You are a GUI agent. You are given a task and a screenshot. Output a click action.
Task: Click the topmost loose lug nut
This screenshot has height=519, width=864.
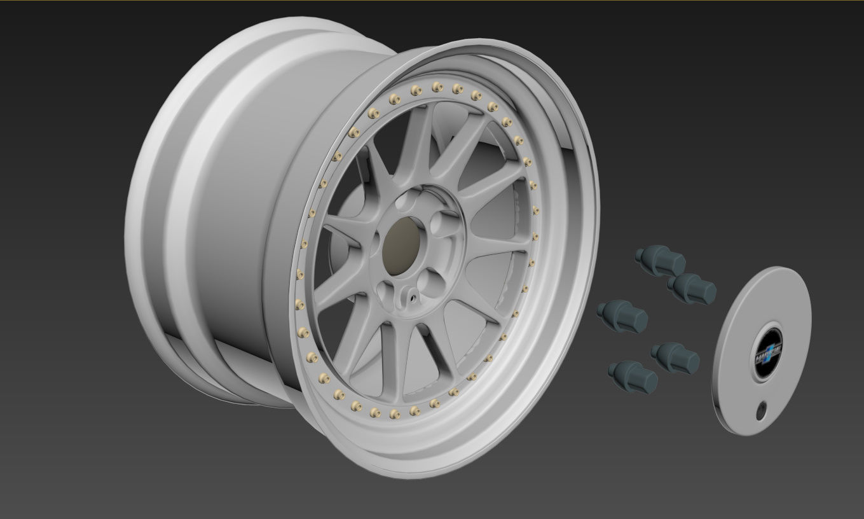[661, 259]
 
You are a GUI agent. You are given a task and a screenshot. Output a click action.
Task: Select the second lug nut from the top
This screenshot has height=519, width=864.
[692, 287]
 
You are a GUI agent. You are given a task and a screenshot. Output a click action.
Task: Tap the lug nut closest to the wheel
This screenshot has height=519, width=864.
[622, 316]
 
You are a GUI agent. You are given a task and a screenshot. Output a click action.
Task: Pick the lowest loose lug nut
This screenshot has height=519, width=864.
[633, 377]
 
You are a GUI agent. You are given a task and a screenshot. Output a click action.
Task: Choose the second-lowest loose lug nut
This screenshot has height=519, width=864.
[675, 357]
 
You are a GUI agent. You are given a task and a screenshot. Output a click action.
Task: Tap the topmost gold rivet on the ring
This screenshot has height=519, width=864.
[436, 86]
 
